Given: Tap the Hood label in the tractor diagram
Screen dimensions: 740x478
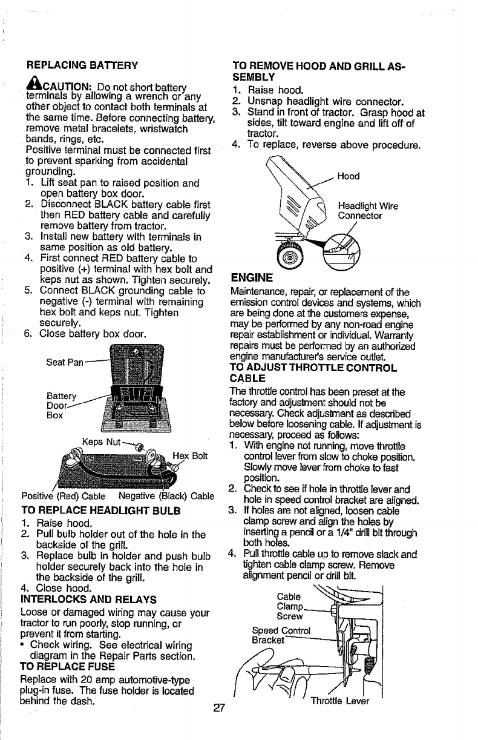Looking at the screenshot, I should click(x=349, y=176).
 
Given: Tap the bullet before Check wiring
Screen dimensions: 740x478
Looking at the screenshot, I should click(x=24, y=643).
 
